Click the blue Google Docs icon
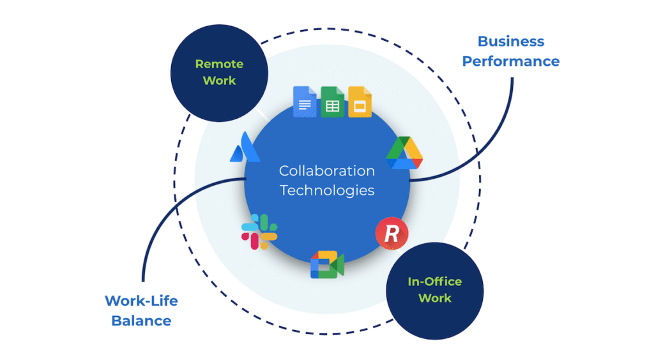(x=305, y=102)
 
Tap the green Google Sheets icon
(x=332, y=102)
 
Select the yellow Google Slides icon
(x=360, y=102)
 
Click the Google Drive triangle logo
(x=404, y=153)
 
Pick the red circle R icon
(x=392, y=234)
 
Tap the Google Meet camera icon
(x=327, y=266)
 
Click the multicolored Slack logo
(x=259, y=232)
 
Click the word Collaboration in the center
(x=327, y=171)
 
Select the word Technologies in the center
(x=327, y=190)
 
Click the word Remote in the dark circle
(x=219, y=64)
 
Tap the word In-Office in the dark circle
(x=434, y=281)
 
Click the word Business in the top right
(x=511, y=41)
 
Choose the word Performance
(x=511, y=61)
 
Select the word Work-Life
(x=141, y=301)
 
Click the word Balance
(x=141, y=320)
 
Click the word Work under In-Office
(x=434, y=298)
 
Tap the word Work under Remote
(x=219, y=80)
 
